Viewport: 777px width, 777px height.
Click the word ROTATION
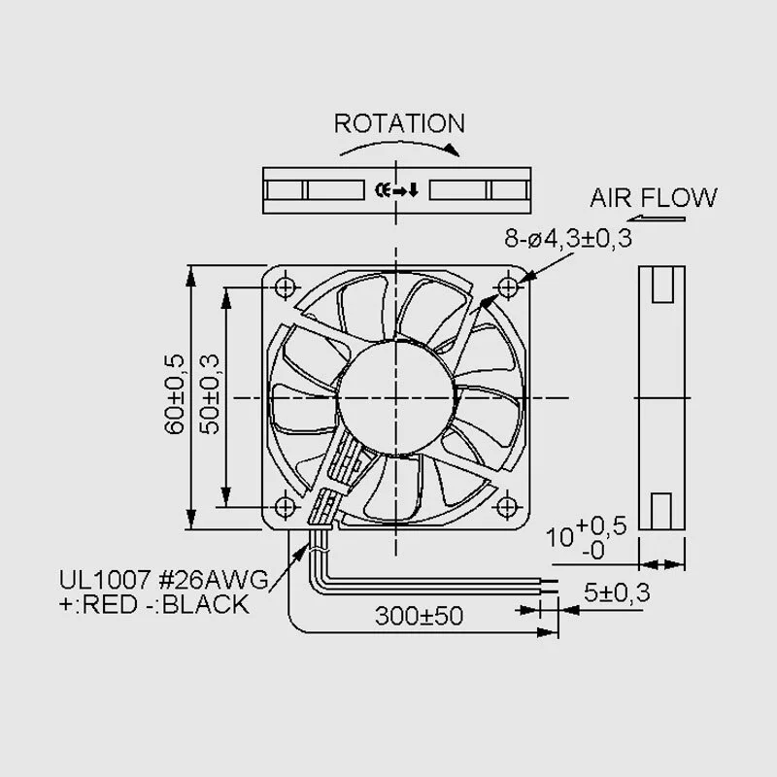[399, 123]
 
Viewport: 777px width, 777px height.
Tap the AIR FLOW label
[653, 198]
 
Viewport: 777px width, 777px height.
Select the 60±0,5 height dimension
[174, 394]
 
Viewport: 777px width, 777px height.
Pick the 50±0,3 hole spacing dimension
[210, 394]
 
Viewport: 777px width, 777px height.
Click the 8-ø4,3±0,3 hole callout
[568, 238]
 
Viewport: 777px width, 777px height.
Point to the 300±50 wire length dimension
[419, 616]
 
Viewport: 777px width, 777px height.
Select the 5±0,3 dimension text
[617, 592]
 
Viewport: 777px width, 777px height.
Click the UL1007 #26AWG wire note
[163, 580]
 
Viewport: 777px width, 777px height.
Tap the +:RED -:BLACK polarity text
[153, 604]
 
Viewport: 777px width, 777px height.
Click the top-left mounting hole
[285, 287]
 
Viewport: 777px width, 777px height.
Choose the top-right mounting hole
[507, 287]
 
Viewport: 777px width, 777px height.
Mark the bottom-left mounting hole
[285, 507]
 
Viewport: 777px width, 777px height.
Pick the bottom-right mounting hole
[506, 507]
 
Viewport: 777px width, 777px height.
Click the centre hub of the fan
[396, 397]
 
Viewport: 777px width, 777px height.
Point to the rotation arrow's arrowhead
[452, 151]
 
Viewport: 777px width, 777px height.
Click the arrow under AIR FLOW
[657, 219]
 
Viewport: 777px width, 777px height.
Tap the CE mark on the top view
[382, 189]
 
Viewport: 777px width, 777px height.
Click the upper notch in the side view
[662, 285]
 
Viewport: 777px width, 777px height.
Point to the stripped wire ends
[549, 586]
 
